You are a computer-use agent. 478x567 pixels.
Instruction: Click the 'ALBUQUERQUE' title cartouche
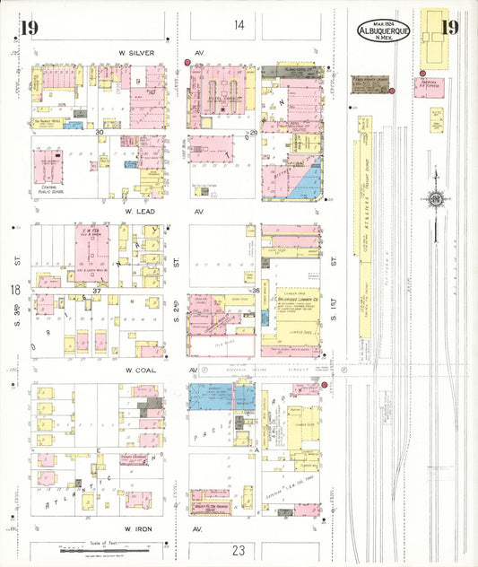click(x=384, y=31)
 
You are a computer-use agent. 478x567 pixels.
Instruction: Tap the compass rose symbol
click(x=435, y=198)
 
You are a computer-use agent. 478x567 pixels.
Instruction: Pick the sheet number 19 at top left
click(x=28, y=28)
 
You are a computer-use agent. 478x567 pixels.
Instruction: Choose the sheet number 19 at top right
click(x=449, y=27)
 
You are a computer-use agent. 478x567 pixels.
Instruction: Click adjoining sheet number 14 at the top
click(x=239, y=25)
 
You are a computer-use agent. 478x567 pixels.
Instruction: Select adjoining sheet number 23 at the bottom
click(x=238, y=550)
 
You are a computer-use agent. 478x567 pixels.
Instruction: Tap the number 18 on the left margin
click(x=15, y=290)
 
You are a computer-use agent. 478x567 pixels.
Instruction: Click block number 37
click(x=98, y=292)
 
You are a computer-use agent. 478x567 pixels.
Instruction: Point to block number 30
click(x=100, y=132)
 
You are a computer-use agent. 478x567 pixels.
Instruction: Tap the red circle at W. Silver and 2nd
click(x=187, y=63)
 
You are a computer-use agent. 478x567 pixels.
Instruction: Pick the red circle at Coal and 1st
click(x=324, y=386)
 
